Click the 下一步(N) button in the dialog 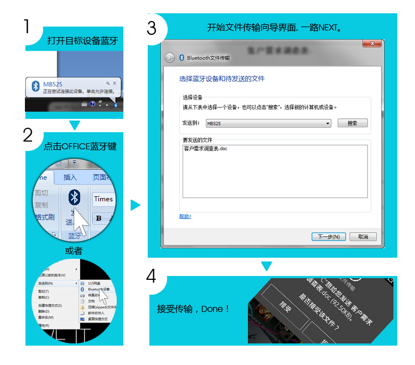[x=329, y=237]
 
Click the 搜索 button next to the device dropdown [x=352, y=123]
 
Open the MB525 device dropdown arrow [x=328, y=123]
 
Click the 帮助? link [x=185, y=216]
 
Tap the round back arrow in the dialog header [x=170, y=58]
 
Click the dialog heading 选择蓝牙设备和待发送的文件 [x=221, y=79]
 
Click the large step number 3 [x=152, y=28]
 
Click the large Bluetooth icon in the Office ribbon [x=74, y=197]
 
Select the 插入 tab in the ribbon [x=70, y=178]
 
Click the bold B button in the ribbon [x=98, y=218]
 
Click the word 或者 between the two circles [x=74, y=251]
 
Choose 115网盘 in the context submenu [x=94, y=283]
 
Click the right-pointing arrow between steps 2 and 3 [x=135, y=206]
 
